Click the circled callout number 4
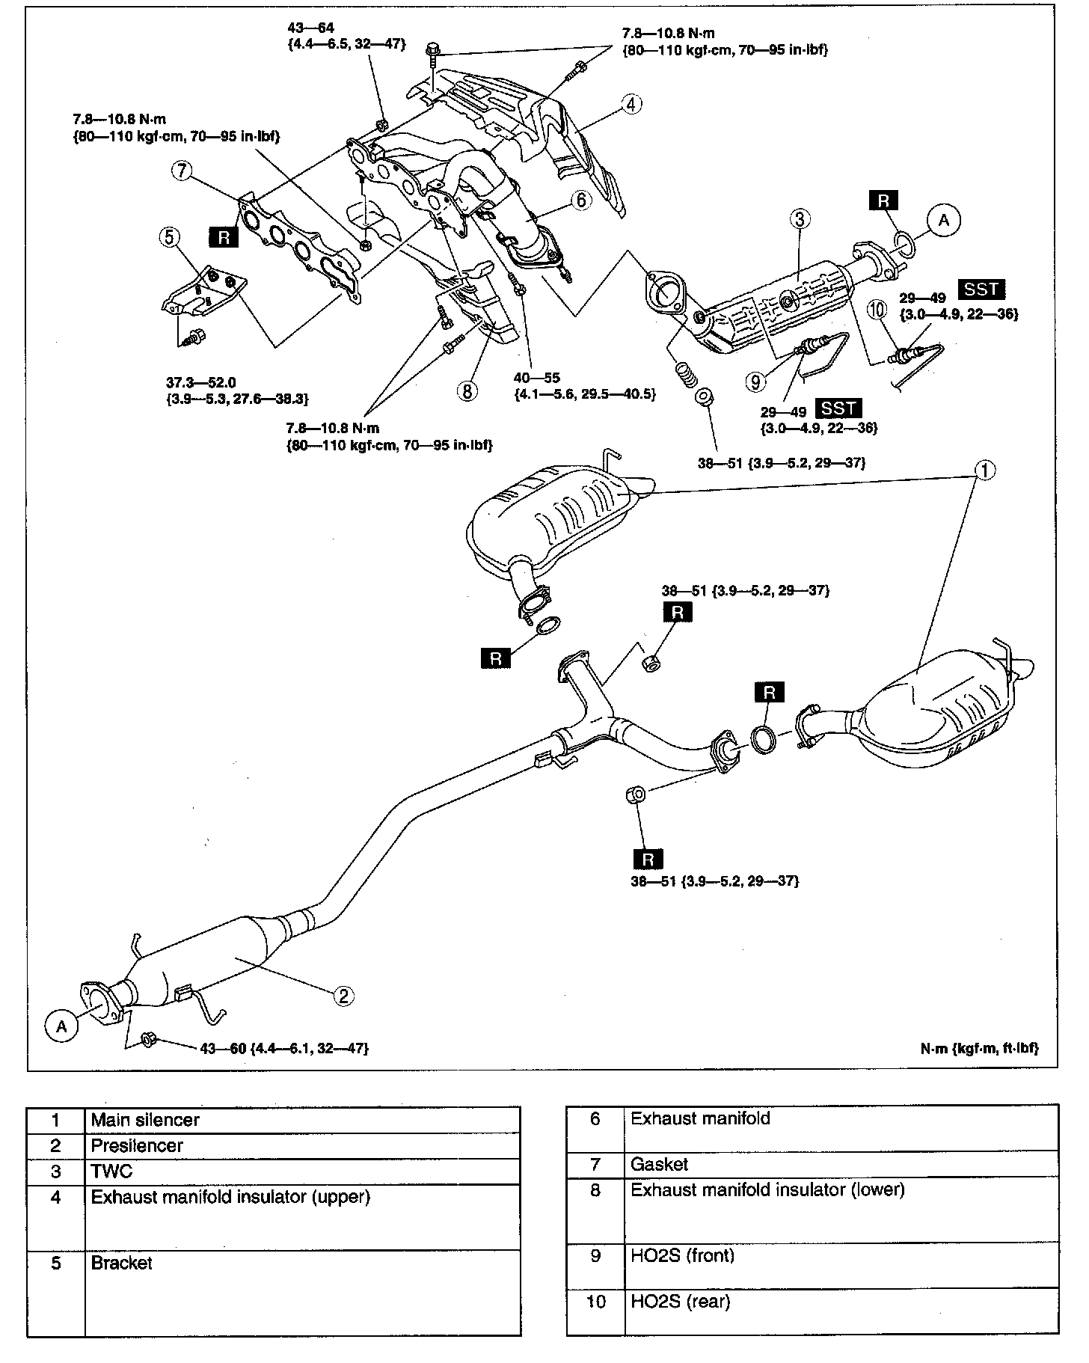[631, 105]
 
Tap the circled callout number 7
[181, 171]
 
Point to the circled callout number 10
[877, 308]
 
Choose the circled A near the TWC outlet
[944, 220]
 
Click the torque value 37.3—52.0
[200, 383]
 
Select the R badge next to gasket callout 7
[224, 238]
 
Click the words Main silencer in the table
[145, 1120]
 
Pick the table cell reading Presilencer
[137, 1145]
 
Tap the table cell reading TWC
[111, 1171]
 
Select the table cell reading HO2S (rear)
[680, 1302]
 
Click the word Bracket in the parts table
[121, 1263]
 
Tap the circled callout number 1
[985, 471]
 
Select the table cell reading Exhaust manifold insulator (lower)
[767, 1189]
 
